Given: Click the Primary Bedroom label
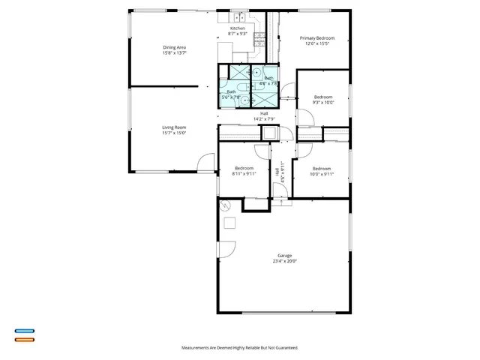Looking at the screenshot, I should point(317,38).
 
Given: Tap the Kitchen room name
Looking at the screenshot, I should point(237,28).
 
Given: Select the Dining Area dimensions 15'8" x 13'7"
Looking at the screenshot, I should point(174,53).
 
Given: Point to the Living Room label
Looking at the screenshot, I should point(174,127).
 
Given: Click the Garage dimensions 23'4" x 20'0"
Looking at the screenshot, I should point(284,262).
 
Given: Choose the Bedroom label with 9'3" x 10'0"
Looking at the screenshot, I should point(322,97).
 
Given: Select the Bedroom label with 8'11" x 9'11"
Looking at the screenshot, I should point(244,168).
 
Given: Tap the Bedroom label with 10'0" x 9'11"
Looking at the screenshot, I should point(322,168).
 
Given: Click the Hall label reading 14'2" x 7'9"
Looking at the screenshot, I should point(265,113).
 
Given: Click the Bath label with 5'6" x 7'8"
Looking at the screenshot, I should point(231,91).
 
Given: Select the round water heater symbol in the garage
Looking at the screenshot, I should point(224,205).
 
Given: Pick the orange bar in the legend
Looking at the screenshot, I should point(25,340).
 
